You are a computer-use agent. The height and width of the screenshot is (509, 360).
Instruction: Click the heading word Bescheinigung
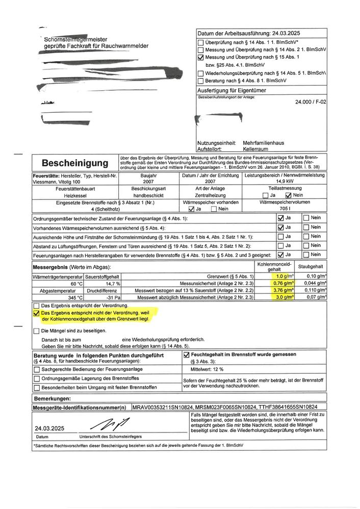(74, 163)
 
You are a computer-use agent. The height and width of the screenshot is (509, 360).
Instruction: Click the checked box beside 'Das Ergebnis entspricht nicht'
(36, 314)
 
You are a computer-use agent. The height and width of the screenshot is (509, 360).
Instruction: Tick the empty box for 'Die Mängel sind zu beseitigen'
(36, 330)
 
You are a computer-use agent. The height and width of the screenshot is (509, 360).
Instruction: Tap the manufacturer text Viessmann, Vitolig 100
(55, 182)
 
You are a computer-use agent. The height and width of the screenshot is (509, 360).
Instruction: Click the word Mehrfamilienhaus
(264, 143)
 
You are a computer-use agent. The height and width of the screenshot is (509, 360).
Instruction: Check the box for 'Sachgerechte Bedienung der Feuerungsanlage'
(37, 369)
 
